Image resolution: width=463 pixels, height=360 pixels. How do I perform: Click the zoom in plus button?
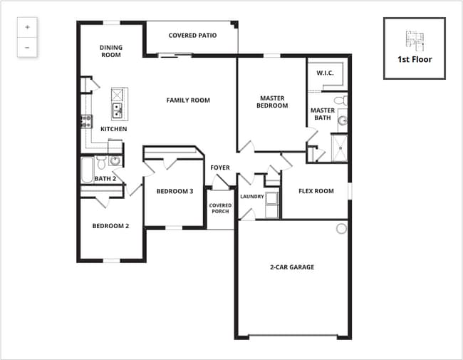pos(27,27)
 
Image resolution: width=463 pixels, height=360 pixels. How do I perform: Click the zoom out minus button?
pos(27,47)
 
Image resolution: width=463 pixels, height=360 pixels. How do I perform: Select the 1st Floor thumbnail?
pos(414,48)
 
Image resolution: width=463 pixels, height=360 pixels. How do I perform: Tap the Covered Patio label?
pos(192,35)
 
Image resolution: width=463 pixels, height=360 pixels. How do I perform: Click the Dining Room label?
pos(110,51)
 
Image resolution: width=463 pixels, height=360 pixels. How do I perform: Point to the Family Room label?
pos(188,101)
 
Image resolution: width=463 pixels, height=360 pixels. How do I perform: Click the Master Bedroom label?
pos(274,102)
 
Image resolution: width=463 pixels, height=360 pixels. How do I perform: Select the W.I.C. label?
pos(325,73)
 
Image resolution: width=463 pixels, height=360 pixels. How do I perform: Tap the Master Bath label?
pos(323,114)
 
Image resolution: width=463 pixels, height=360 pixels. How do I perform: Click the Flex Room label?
pos(316,191)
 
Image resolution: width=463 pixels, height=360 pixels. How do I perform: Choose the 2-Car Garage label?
pos(292,267)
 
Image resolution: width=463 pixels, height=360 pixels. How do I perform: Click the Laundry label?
pos(252,197)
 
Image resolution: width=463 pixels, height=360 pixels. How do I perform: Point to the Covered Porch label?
pos(220,208)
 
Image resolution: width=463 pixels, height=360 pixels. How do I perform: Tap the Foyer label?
pos(220,168)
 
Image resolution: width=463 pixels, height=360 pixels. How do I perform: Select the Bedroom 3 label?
pos(175,191)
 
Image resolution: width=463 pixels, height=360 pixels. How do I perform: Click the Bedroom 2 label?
pos(110,226)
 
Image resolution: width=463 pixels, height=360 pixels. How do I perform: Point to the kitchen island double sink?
pos(117,110)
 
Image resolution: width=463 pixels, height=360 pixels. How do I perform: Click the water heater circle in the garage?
pos(341,229)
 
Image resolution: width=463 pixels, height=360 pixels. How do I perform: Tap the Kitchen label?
pos(113,129)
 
